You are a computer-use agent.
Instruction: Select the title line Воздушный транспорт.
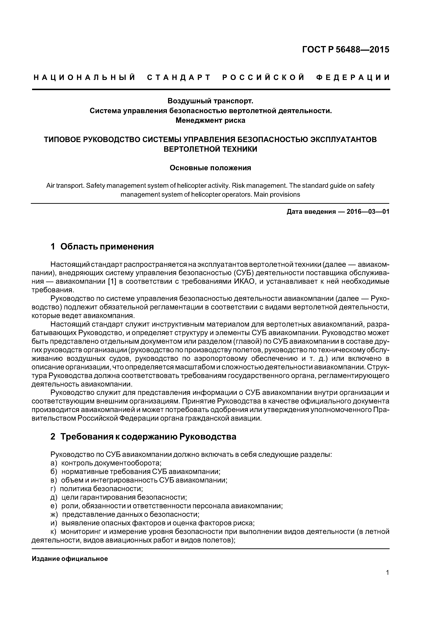210,101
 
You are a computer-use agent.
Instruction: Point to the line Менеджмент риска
210,120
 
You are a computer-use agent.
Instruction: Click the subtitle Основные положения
210,168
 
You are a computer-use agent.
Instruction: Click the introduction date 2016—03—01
368,212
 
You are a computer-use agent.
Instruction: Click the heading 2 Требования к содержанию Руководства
143,437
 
